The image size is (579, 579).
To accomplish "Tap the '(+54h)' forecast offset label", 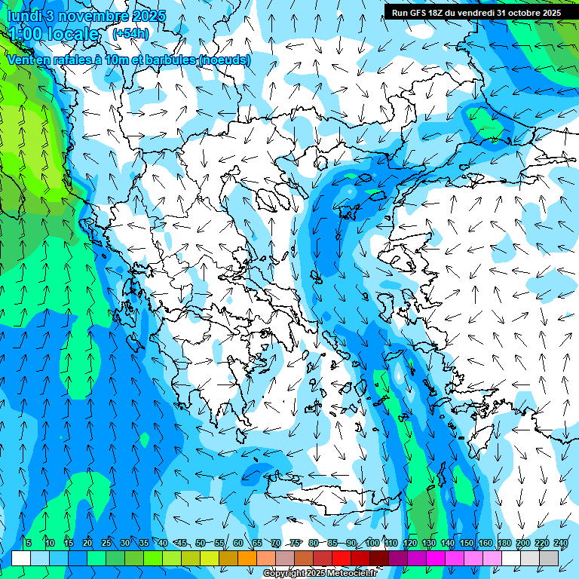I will pos(130,33).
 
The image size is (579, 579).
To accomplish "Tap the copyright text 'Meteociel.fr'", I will pos(350,574).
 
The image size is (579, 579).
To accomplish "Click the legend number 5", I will pos(29,543).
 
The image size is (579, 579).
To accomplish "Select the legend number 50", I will pos(201,543).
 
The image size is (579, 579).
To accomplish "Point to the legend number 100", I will pos(372,543).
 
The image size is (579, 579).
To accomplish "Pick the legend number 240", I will pos(561,543).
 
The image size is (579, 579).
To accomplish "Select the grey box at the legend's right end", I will pos(550,558).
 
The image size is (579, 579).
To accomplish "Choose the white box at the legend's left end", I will pos(21,558).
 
